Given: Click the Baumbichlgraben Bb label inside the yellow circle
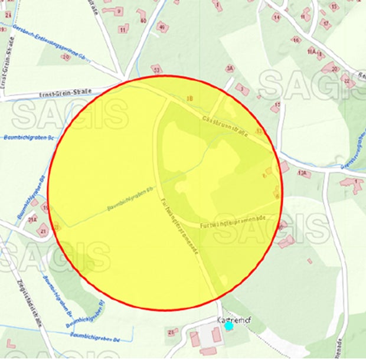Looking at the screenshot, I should [x=130, y=198].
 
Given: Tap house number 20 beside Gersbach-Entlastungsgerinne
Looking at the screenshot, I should [x=66, y=57].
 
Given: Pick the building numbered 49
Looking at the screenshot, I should [x=162, y=26].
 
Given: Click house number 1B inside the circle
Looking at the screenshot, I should [x=189, y=98].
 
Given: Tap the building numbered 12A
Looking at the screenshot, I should [x=303, y=174].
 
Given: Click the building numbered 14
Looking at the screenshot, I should [x=276, y=17].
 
